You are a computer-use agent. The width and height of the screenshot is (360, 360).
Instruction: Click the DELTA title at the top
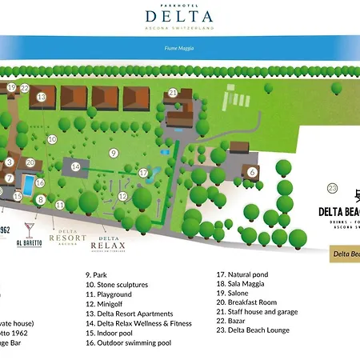pyautogui.click(x=179, y=15)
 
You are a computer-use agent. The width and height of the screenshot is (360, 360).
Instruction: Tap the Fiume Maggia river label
pyautogui.click(x=179, y=47)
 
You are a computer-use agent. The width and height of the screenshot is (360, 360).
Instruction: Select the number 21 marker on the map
pyautogui.click(x=173, y=92)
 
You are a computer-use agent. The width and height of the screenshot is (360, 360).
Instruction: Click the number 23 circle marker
pyautogui.click(x=333, y=189)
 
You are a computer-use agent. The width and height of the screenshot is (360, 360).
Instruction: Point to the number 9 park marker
pyautogui.click(x=114, y=153)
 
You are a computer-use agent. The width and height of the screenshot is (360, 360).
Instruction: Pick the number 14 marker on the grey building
pyautogui.click(x=76, y=167)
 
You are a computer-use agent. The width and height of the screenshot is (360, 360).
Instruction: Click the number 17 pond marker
pyautogui.click(x=144, y=172)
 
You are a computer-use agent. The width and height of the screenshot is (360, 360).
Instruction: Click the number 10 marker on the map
pyautogui.click(x=52, y=139)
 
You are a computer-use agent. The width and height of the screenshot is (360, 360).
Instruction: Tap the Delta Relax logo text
pyautogui.click(x=110, y=243)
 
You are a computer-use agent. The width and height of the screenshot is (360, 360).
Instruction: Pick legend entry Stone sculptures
pyautogui.click(x=117, y=284)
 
